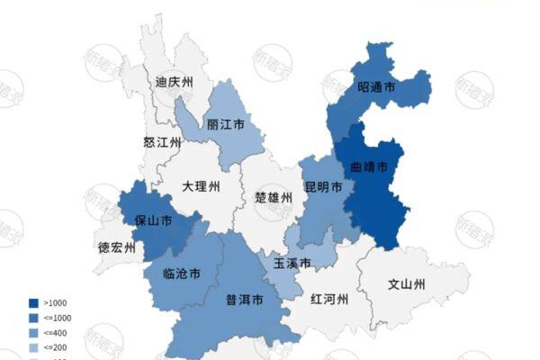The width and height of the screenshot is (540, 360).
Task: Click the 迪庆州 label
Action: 175,82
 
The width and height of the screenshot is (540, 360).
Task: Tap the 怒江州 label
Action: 162,142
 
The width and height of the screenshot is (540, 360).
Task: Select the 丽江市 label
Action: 225,125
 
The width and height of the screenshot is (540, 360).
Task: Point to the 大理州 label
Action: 201,187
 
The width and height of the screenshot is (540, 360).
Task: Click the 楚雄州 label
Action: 274,197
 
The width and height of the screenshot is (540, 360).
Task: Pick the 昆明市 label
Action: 323,188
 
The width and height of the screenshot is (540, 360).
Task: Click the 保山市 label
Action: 153,220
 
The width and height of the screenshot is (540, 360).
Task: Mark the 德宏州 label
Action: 116,247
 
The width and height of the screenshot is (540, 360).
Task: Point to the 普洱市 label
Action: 243,299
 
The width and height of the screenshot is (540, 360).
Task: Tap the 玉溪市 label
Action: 292,263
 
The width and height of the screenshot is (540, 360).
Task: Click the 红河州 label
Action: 328,299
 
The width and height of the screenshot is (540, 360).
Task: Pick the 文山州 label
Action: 405,285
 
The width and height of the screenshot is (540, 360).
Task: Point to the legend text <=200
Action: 56,346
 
